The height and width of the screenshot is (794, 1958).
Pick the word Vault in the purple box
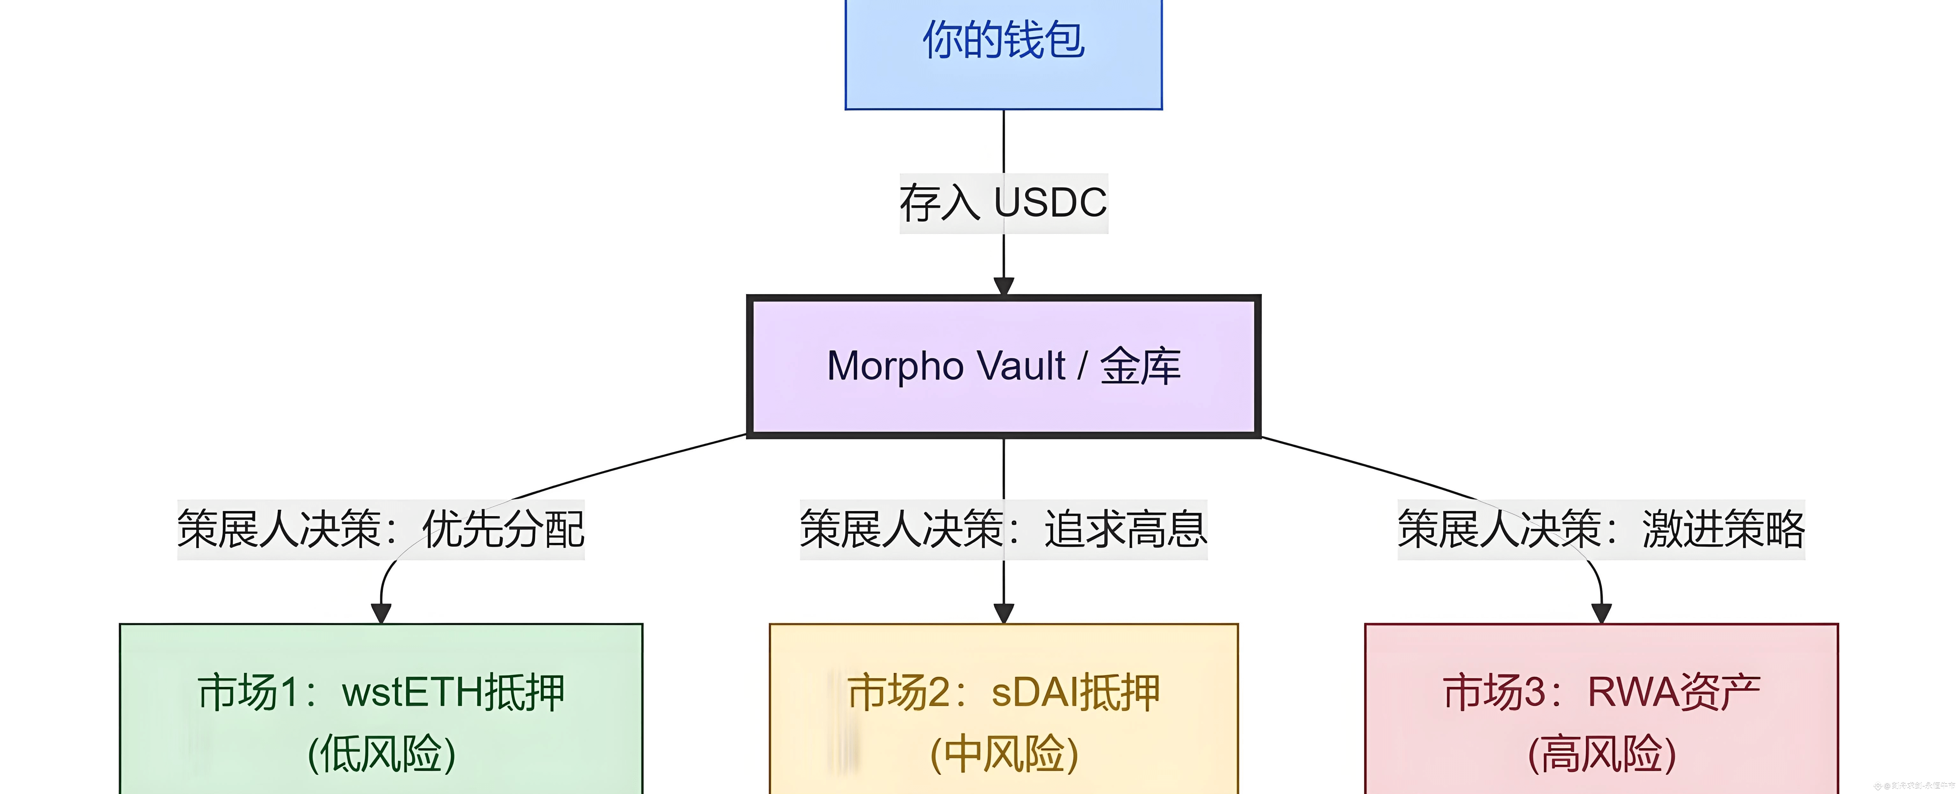[1021, 366]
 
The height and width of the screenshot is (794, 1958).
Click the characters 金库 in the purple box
[1140, 366]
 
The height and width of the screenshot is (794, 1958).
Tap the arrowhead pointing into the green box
[381, 612]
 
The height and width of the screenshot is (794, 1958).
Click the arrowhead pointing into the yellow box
[1003, 612]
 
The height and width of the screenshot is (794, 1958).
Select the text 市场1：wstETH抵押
[381, 693]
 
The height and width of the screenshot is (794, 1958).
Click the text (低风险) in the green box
[381, 754]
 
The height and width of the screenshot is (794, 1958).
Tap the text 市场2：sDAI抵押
[1003, 693]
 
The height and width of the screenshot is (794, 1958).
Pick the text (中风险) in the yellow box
[1003, 754]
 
